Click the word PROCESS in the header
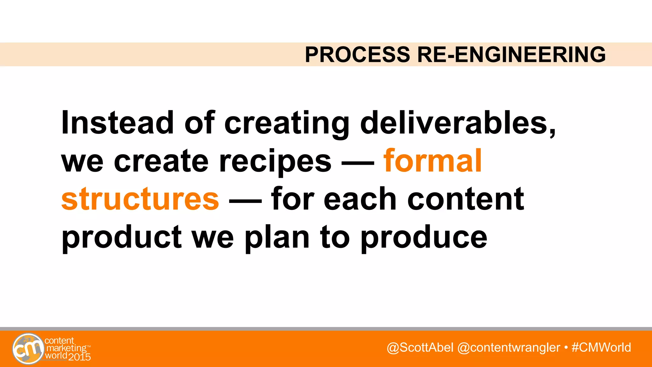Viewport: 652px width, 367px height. coord(357,54)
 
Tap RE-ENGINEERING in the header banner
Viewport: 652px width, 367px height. coord(511,54)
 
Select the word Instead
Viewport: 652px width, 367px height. coord(117,123)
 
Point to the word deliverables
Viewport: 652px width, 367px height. coord(454,123)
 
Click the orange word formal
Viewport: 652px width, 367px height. coord(432,161)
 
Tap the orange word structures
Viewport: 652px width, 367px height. coord(140,199)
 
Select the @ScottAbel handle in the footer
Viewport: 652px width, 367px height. coord(420,347)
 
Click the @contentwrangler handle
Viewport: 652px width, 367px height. coord(508,347)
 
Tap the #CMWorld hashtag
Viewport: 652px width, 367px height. coord(601,347)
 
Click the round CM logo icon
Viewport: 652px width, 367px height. coord(28,349)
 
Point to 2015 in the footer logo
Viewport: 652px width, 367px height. coord(80,357)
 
